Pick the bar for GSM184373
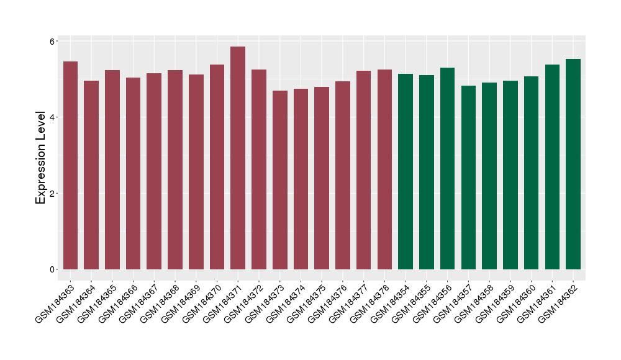[280, 180]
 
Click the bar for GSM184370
[217, 167]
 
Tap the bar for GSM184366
[133, 174]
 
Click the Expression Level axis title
[41, 158]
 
